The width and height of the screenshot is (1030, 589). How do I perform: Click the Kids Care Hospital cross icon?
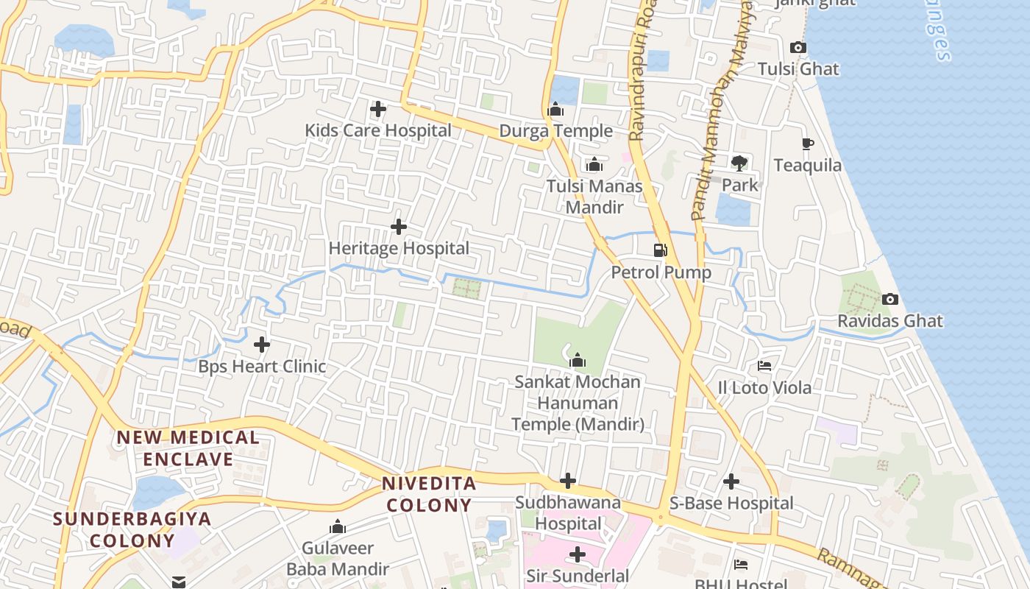click(x=378, y=110)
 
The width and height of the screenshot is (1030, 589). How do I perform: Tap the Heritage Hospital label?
click(x=399, y=249)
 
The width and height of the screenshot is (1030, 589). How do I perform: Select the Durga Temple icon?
click(x=555, y=110)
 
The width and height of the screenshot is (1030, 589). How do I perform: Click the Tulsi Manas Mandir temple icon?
click(x=594, y=165)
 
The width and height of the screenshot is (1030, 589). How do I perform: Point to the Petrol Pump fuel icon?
click(x=660, y=250)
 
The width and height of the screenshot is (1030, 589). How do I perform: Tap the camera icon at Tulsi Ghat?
click(x=798, y=48)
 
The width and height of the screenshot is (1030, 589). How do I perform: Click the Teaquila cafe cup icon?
click(x=807, y=144)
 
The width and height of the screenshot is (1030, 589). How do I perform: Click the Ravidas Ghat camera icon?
click(x=890, y=299)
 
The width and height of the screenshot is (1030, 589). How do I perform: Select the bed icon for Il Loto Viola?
click(x=764, y=365)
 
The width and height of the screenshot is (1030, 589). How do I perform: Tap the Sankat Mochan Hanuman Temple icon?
click(x=578, y=360)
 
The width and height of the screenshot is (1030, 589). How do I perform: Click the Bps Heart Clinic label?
click(x=262, y=367)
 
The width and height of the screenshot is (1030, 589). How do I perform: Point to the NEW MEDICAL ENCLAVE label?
click(x=188, y=448)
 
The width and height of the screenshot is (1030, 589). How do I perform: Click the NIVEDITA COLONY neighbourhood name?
click(x=429, y=495)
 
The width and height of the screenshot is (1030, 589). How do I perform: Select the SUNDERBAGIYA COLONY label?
click(x=132, y=529)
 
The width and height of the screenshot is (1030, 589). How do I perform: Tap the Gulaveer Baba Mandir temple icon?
click(x=338, y=526)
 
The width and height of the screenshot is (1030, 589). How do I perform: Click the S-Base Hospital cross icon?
click(x=731, y=482)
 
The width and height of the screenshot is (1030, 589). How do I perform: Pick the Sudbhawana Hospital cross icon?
click(x=567, y=482)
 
